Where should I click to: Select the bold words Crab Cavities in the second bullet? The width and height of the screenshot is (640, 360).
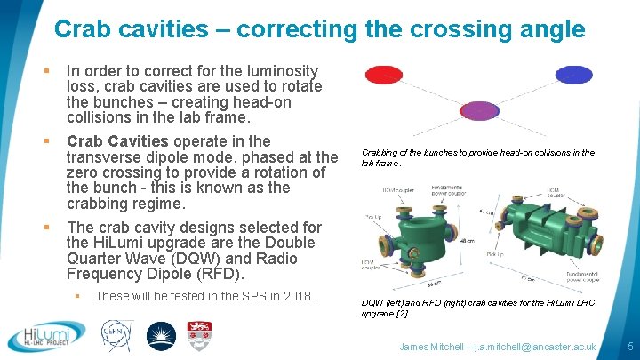[117, 141]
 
